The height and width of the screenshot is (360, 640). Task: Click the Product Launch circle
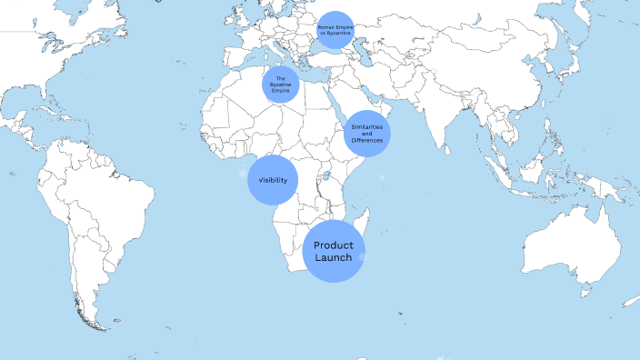334,251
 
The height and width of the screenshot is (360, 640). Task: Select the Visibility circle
274,180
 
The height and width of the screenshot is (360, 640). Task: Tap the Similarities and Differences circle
367,133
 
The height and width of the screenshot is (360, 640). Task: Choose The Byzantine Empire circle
281,85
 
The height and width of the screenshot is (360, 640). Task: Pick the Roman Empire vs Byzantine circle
335,32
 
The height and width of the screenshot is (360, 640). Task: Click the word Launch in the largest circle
334,258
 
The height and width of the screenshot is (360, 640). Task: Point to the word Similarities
367,125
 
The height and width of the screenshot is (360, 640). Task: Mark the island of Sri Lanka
448,147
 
